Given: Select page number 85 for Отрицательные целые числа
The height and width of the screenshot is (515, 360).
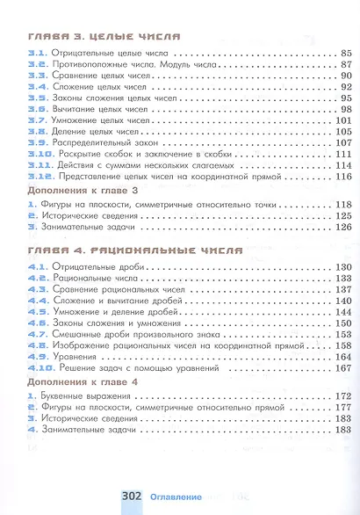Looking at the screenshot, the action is [x=345, y=54].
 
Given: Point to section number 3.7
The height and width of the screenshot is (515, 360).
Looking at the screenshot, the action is [x=37, y=120].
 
